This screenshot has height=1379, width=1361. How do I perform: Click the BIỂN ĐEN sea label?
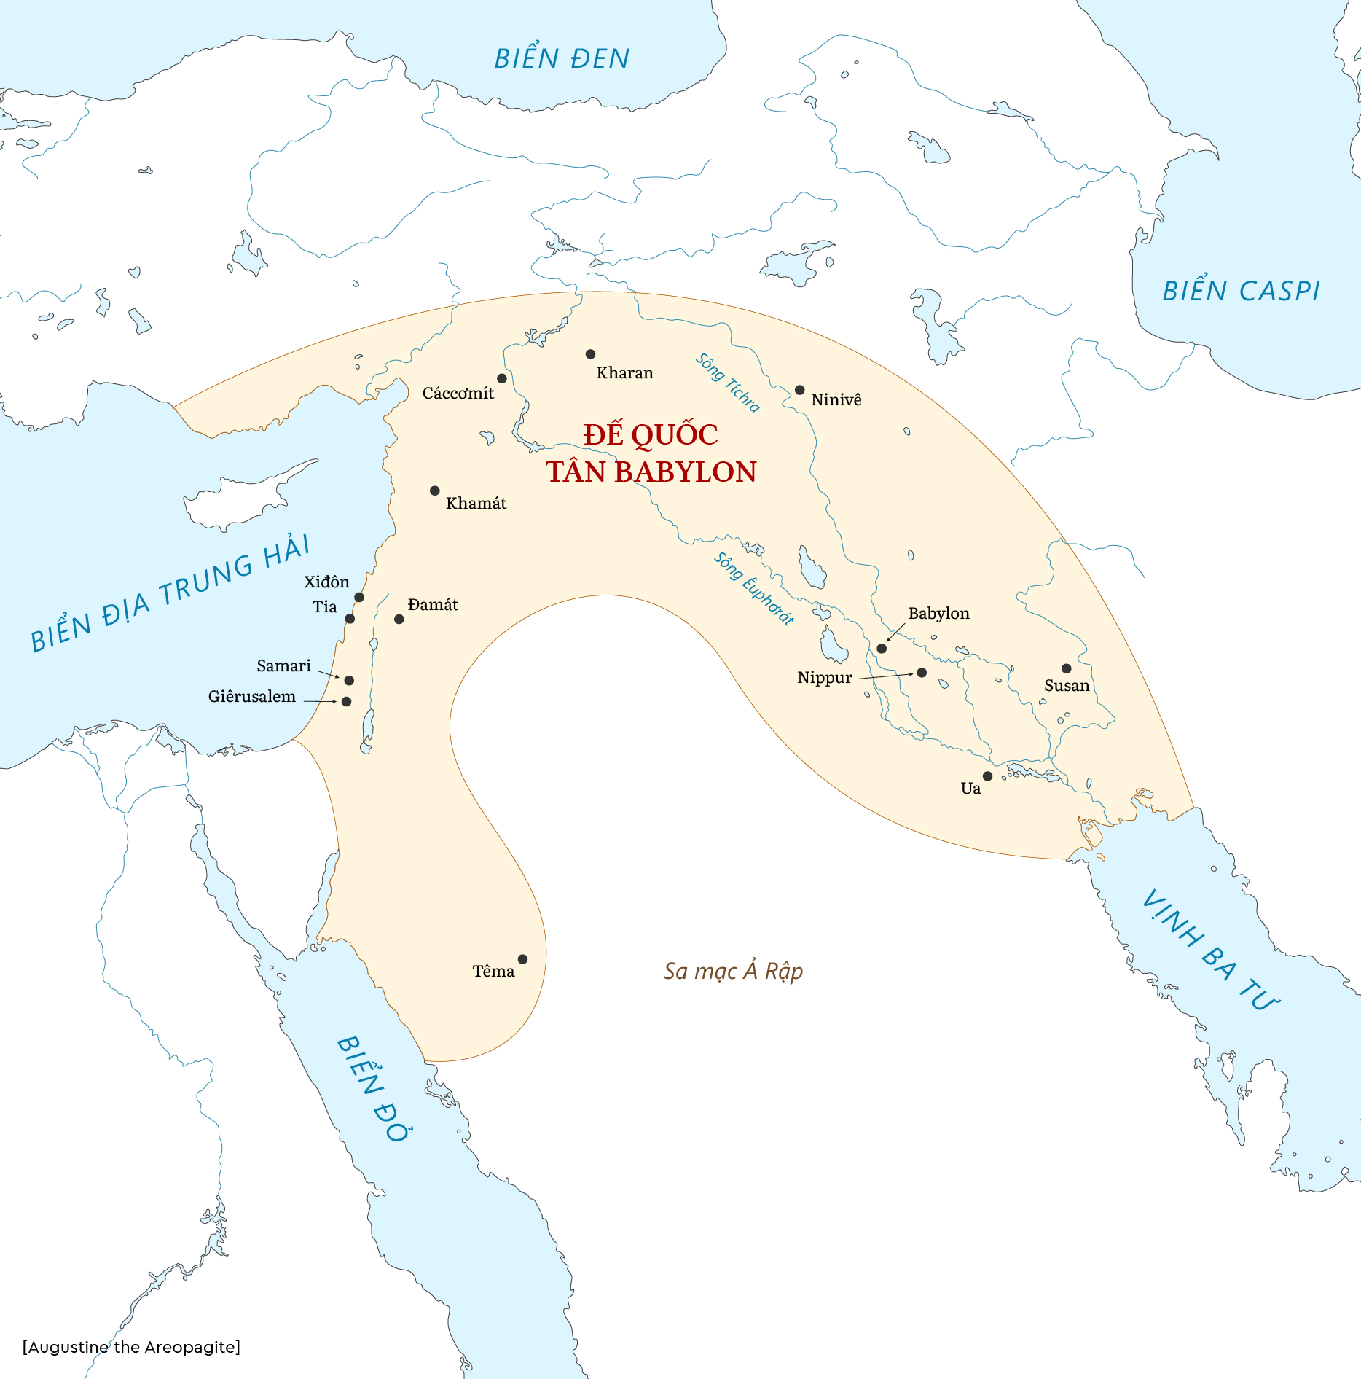(562, 58)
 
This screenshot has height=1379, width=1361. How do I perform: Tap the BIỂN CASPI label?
(1241, 291)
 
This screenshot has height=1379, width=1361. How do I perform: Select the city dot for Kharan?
(590, 354)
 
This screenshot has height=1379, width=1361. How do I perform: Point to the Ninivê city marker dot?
(799, 390)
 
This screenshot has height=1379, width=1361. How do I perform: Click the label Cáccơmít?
(458, 394)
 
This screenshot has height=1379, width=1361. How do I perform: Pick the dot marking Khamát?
(434, 491)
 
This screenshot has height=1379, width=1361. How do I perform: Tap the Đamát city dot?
(399, 619)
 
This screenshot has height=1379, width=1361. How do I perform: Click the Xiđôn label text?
(326, 582)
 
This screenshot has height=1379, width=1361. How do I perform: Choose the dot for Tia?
(350, 619)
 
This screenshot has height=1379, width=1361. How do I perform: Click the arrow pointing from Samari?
(329, 675)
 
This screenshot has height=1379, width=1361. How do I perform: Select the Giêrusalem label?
(252, 697)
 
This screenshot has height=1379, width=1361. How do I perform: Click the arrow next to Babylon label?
(895, 633)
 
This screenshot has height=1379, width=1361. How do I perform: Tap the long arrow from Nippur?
(885, 676)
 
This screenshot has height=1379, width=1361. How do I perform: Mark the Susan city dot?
(1066, 668)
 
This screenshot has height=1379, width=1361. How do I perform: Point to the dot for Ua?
(987, 776)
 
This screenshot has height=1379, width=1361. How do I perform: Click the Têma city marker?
(522, 959)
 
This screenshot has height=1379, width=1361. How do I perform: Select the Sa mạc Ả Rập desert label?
(733, 971)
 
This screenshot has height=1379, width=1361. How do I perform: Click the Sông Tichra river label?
(727, 383)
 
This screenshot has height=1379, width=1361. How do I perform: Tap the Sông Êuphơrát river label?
(753, 588)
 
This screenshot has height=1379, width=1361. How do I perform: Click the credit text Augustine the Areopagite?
(132, 1347)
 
